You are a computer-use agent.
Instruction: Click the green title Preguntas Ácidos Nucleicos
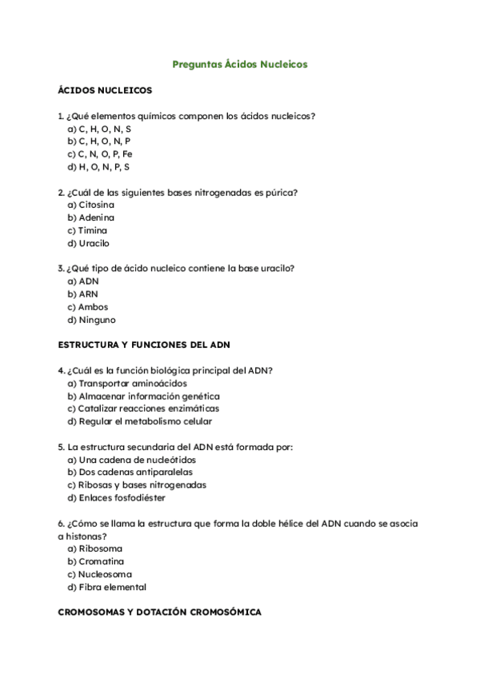point(240,64)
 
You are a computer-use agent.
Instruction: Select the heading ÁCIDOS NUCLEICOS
point(105,90)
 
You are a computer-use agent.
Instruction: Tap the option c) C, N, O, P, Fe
point(100,154)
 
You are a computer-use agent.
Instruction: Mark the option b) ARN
point(82,294)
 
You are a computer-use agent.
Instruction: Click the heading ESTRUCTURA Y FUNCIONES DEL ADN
point(144,345)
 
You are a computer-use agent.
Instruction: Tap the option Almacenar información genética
point(143,396)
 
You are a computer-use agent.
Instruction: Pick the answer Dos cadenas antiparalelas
point(130,473)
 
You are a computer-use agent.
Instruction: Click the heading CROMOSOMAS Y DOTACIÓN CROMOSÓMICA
point(159,612)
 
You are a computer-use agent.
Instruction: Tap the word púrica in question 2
point(282,192)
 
